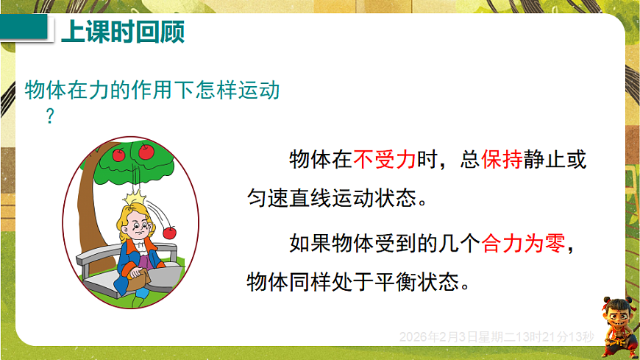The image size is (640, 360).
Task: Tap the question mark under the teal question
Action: [x=50, y=116]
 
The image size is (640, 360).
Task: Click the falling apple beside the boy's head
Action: [x=170, y=231]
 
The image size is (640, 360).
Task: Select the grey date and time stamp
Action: [x=496, y=336]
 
